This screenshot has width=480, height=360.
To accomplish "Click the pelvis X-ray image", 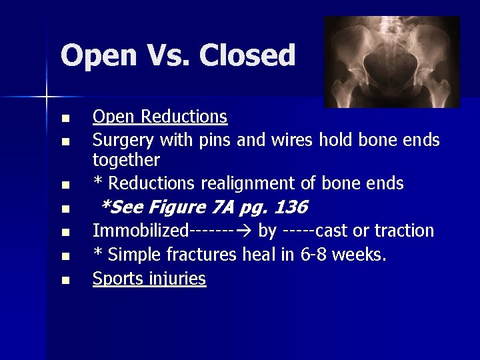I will [x=392, y=62].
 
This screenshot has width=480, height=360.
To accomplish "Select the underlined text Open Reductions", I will [x=160, y=117].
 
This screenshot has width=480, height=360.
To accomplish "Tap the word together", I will [x=126, y=160].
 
